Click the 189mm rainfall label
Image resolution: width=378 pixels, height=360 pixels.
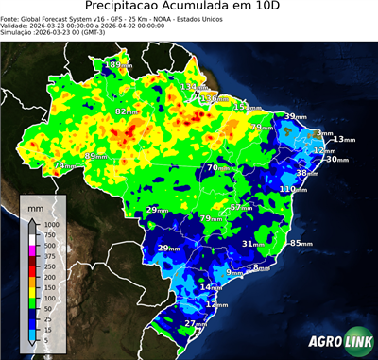tap(117, 64)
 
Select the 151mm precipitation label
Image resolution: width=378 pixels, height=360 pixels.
tap(247, 107)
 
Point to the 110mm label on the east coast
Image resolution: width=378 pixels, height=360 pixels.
tap(294, 189)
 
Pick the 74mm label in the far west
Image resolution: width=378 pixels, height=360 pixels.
tap(64, 165)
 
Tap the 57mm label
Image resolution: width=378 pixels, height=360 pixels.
tap(243, 207)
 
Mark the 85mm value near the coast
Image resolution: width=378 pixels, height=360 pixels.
tap(301, 243)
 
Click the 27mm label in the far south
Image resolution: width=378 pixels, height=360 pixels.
tap(196, 323)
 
